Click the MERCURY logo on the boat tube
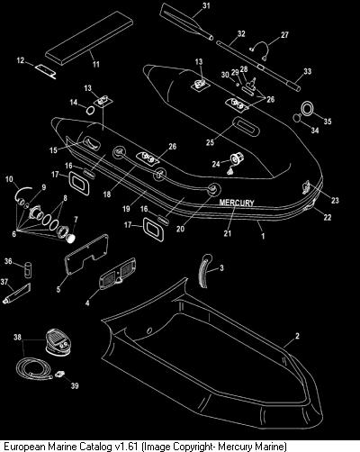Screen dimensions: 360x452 pos(237,203)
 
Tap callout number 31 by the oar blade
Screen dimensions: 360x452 pos(206,5)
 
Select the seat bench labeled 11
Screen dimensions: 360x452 pos(89,38)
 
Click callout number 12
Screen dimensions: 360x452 pos(21,60)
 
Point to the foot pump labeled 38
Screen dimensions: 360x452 pos(58,342)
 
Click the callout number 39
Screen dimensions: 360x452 pos(75,385)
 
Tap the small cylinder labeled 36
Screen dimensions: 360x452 pos(28,270)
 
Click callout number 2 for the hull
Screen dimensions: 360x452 pos(297,336)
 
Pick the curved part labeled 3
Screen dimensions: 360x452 pos(202,272)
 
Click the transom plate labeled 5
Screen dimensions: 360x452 pos(87,254)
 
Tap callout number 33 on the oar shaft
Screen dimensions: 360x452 pos(308,71)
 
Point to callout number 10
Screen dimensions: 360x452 pos(9,179)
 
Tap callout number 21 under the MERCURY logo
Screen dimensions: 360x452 pos(228,233)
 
